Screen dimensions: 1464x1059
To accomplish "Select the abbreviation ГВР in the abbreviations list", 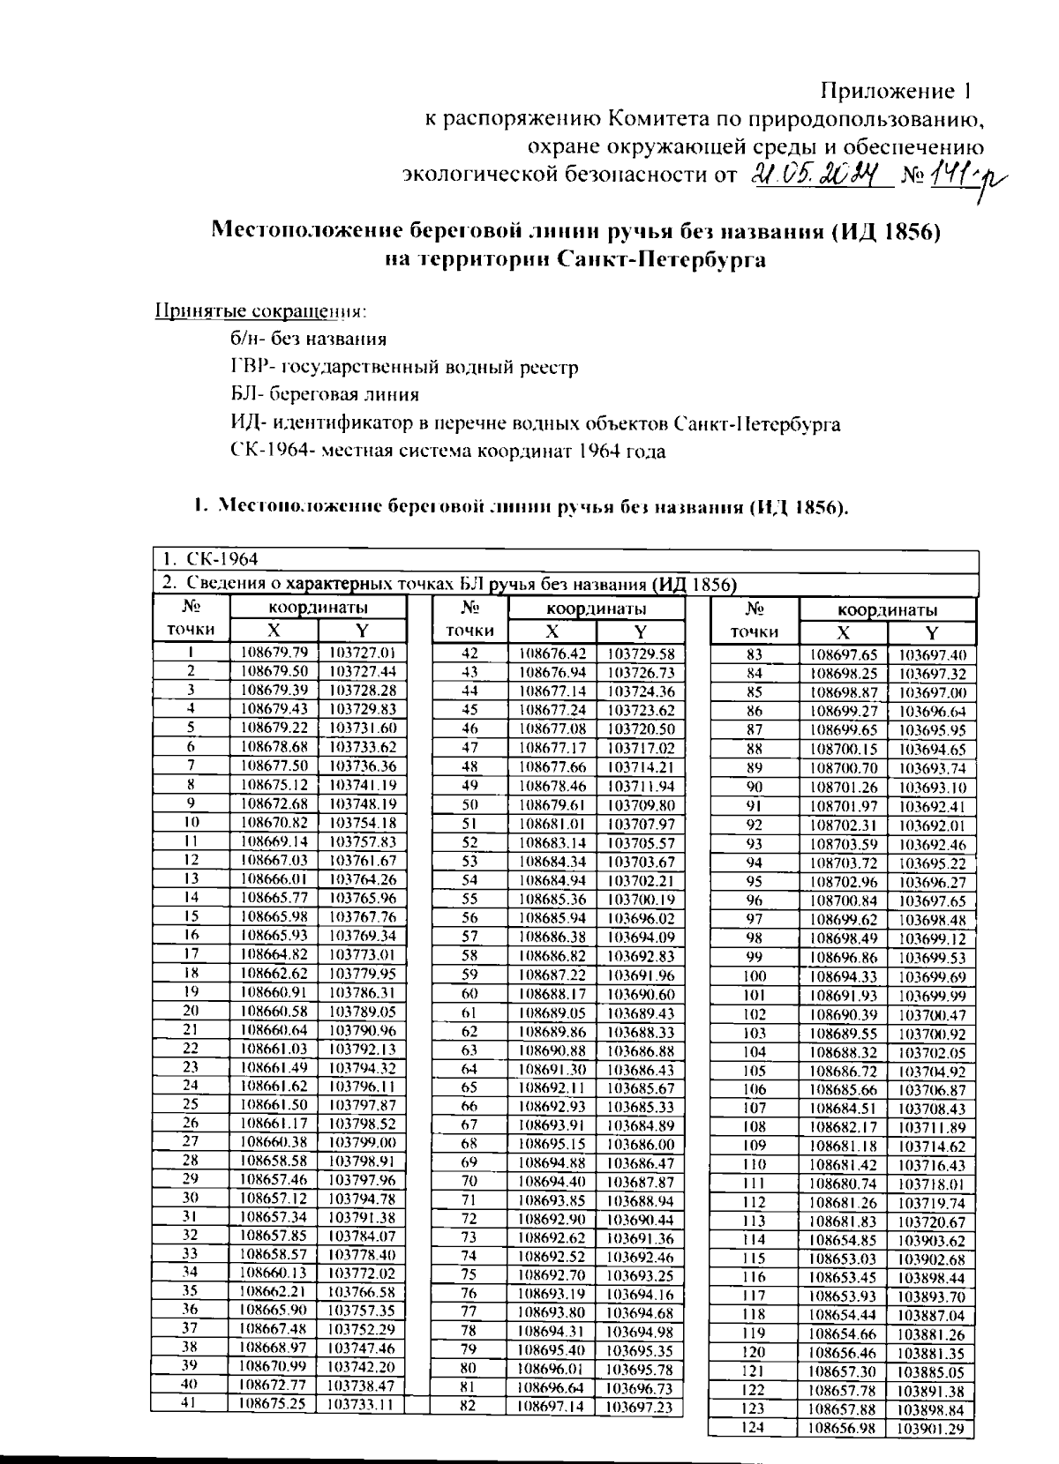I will pyautogui.click(x=244, y=367).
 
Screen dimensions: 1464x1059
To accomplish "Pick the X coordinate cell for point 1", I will pyautogui.click(x=274, y=653).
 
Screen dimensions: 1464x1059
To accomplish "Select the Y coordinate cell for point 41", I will pyautogui.click(x=361, y=1403).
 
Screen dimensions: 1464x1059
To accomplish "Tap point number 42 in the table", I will pyautogui.click(x=469, y=654).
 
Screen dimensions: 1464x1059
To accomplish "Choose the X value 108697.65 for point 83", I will pyautogui.click(x=844, y=655).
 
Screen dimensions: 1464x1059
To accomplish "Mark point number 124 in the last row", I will pyautogui.click(x=753, y=1427).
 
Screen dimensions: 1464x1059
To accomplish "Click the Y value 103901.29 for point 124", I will pyautogui.click(x=932, y=1429).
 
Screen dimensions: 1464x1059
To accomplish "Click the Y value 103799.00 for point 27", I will pyautogui.click(x=361, y=1141).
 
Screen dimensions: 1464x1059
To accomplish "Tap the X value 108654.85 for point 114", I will pyautogui.click(x=844, y=1239).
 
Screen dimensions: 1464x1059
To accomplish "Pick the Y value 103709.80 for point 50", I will pyautogui.click(x=641, y=805).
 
